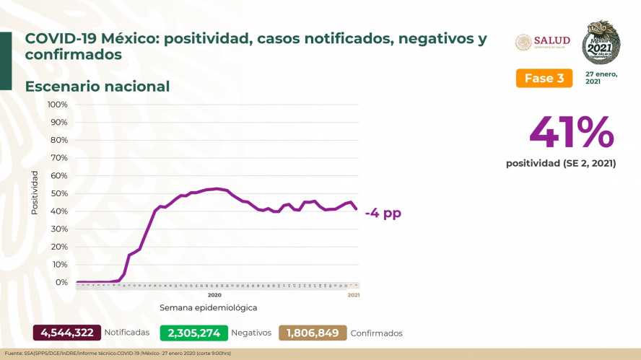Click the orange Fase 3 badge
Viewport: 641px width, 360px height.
point(544,78)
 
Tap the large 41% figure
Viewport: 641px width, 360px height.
point(571,132)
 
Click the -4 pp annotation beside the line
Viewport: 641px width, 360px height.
point(383,214)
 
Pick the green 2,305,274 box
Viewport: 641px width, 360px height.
point(194,333)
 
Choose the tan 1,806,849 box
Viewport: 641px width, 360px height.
point(312,333)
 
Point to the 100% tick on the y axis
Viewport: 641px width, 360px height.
point(57,105)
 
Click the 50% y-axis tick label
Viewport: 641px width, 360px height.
point(58,193)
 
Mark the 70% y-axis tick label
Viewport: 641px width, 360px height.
point(58,158)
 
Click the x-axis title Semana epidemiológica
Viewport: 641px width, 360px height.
point(208,307)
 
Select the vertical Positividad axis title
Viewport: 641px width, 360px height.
point(34,193)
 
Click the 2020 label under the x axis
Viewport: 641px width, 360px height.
point(214,295)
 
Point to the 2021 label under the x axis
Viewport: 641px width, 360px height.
point(354,295)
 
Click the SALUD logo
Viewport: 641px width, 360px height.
point(543,41)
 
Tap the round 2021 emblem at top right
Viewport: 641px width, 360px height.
point(601,42)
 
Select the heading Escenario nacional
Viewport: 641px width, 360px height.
point(97,87)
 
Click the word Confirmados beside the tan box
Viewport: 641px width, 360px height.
point(376,333)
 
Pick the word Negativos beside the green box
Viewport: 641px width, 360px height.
point(252,333)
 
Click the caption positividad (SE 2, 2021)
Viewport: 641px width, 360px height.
point(561,164)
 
